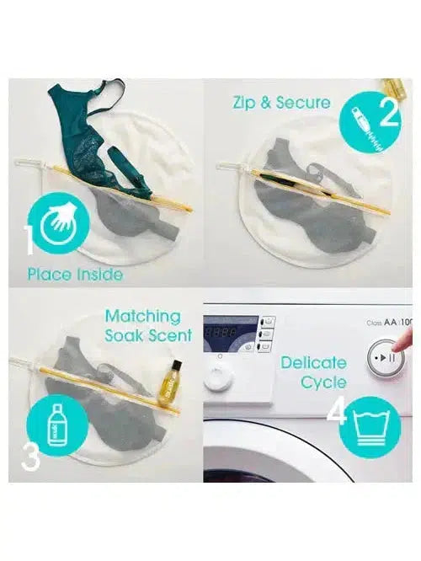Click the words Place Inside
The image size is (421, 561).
(x=75, y=274)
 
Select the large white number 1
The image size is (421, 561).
(x=28, y=240)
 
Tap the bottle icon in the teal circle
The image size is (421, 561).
(x=58, y=426)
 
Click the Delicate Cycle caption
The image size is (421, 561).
(x=313, y=372)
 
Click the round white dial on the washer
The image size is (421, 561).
(x=218, y=378)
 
